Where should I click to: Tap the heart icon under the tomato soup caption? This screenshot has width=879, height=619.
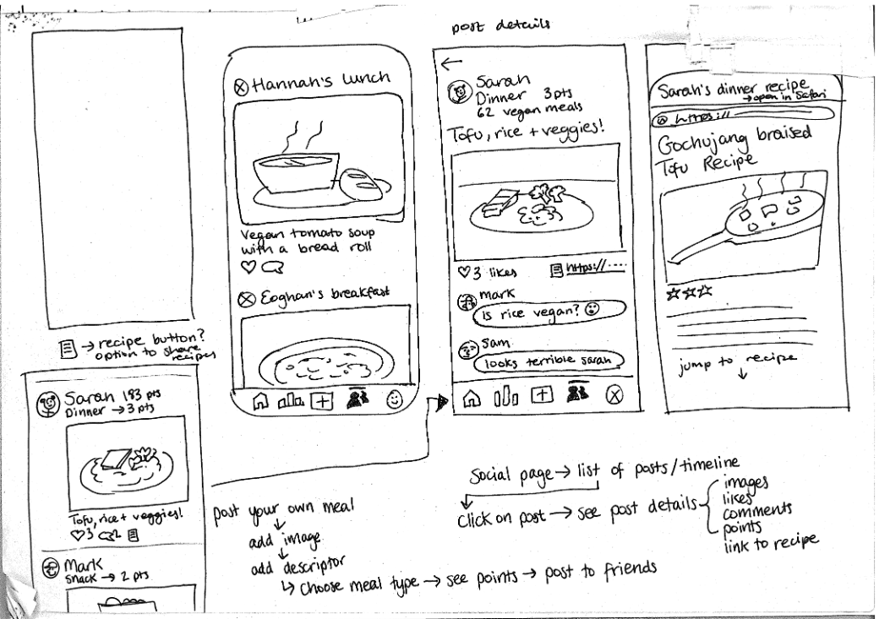(248, 268)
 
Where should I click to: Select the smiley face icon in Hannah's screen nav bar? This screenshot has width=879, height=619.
(395, 401)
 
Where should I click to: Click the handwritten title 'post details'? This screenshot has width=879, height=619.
(501, 25)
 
